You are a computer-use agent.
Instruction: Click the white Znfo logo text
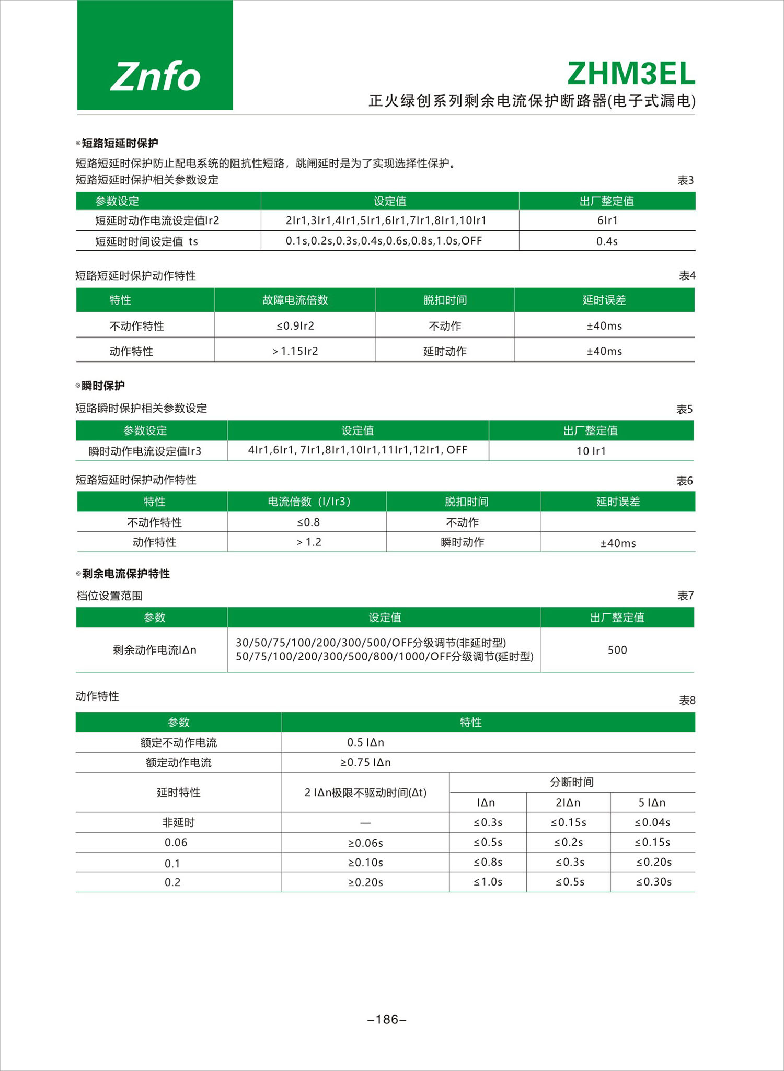[155, 77]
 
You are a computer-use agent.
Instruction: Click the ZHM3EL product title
[631, 74]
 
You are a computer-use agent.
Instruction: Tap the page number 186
[387, 1019]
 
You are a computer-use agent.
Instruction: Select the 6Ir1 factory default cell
[607, 220]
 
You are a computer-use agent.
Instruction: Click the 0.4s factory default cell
[607, 241]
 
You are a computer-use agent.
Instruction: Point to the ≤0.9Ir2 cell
[295, 326]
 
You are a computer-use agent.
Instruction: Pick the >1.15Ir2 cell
[295, 351]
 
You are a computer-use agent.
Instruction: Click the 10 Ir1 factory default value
[591, 451]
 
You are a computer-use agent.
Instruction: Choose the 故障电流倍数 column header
[295, 300]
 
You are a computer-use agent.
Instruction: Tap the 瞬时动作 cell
[463, 542]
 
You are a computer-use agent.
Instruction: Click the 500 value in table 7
[617, 650]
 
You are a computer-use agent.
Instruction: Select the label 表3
[685, 180]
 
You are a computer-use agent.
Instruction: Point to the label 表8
[687, 701]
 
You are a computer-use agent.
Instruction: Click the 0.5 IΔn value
[365, 742]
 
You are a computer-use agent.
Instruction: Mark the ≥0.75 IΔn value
[365, 762]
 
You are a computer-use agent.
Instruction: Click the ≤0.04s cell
[652, 822]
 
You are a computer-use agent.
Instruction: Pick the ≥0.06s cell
[365, 843]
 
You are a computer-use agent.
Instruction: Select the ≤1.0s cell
[488, 882]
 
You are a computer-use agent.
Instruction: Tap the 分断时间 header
[572, 782]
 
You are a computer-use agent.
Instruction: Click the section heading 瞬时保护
[103, 386]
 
